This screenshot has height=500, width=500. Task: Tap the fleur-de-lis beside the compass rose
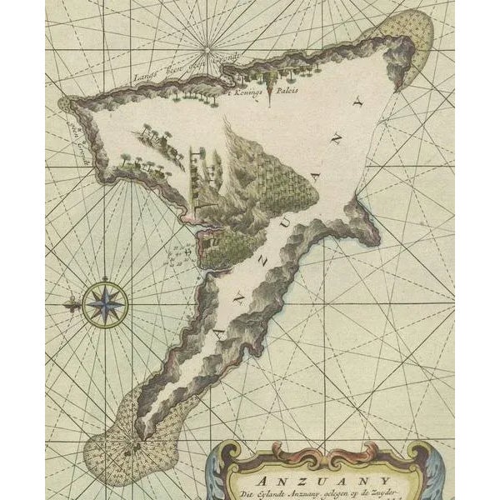70,306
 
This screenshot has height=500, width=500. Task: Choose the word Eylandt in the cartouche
291,492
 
